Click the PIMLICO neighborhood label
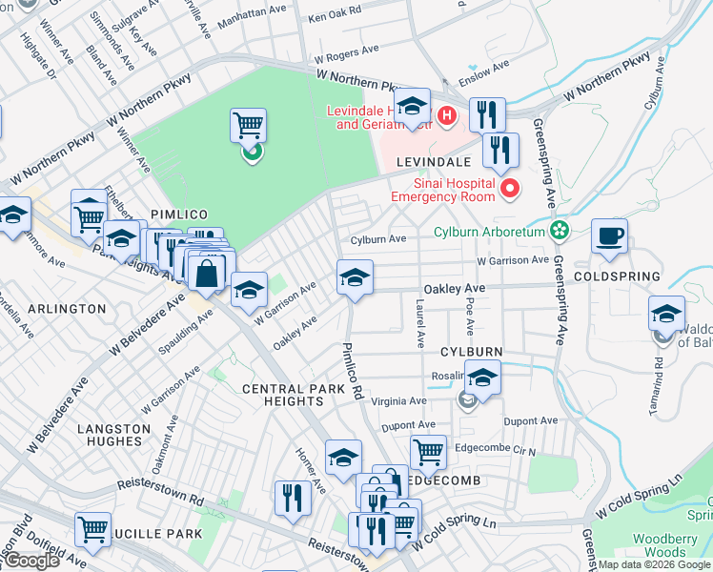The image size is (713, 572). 173,215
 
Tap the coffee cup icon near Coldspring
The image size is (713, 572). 609,235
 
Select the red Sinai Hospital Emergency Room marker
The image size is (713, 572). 509,189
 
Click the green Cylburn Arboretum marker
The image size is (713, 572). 560,231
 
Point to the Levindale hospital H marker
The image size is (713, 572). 448,116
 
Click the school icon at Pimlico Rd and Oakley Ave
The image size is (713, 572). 355,277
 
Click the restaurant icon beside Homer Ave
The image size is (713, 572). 293,498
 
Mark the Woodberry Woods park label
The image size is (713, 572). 685,545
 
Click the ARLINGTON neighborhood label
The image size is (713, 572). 67,309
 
